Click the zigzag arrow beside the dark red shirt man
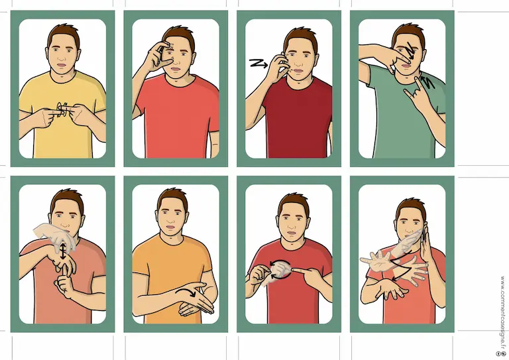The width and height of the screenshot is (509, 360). (x=258, y=63)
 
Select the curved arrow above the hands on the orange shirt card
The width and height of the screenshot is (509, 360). (x=186, y=292)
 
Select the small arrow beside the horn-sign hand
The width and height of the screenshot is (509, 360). (x=427, y=82)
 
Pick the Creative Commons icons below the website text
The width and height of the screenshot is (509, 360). (x=502, y=353)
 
